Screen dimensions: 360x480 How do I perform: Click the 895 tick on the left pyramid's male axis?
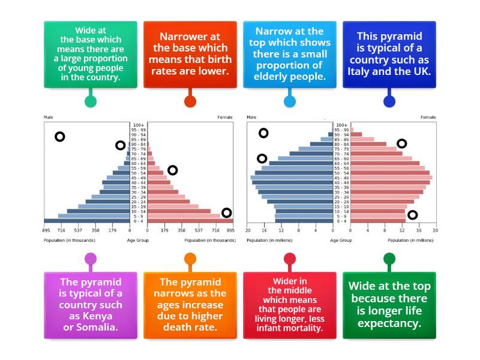[46, 230]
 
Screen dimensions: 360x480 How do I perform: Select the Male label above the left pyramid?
[49, 117]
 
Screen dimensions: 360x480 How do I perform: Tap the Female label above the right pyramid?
[428, 117]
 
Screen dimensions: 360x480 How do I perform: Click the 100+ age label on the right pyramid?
[341, 124]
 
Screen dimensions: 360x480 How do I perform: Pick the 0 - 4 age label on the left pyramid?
[139, 221]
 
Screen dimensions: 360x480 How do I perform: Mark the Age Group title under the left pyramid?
[138, 240]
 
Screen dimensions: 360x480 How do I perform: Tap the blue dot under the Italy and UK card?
[389, 101]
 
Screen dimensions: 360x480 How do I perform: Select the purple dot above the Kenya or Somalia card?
[91, 259]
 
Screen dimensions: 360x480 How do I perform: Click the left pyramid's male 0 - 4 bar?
[86, 221]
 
